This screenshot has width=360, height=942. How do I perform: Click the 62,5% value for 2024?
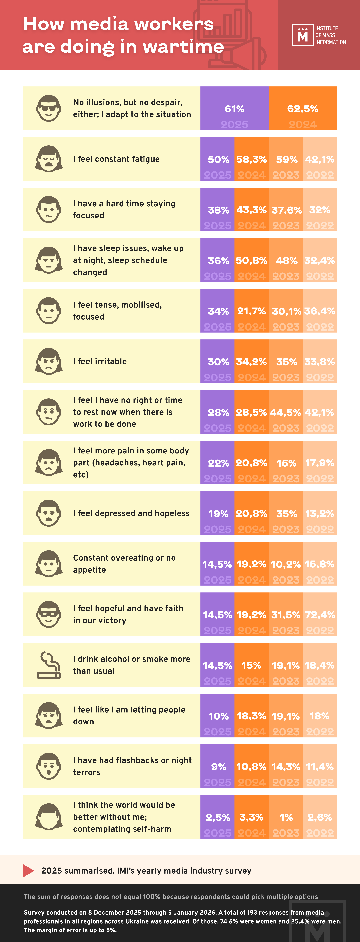(303, 109)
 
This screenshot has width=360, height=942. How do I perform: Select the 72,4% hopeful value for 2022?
(320, 615)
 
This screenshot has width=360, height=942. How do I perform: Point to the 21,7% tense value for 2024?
(251, 311)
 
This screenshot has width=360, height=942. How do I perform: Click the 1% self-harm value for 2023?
(286, 817)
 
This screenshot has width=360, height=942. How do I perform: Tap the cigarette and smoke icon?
(49, 665)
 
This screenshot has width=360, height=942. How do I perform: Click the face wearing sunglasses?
(49, 108)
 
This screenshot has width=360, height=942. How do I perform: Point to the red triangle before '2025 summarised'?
(28, 871)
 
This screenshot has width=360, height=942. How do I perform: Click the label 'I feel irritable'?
(100, 361)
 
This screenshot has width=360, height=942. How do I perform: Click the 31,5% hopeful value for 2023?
(285, 615)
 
